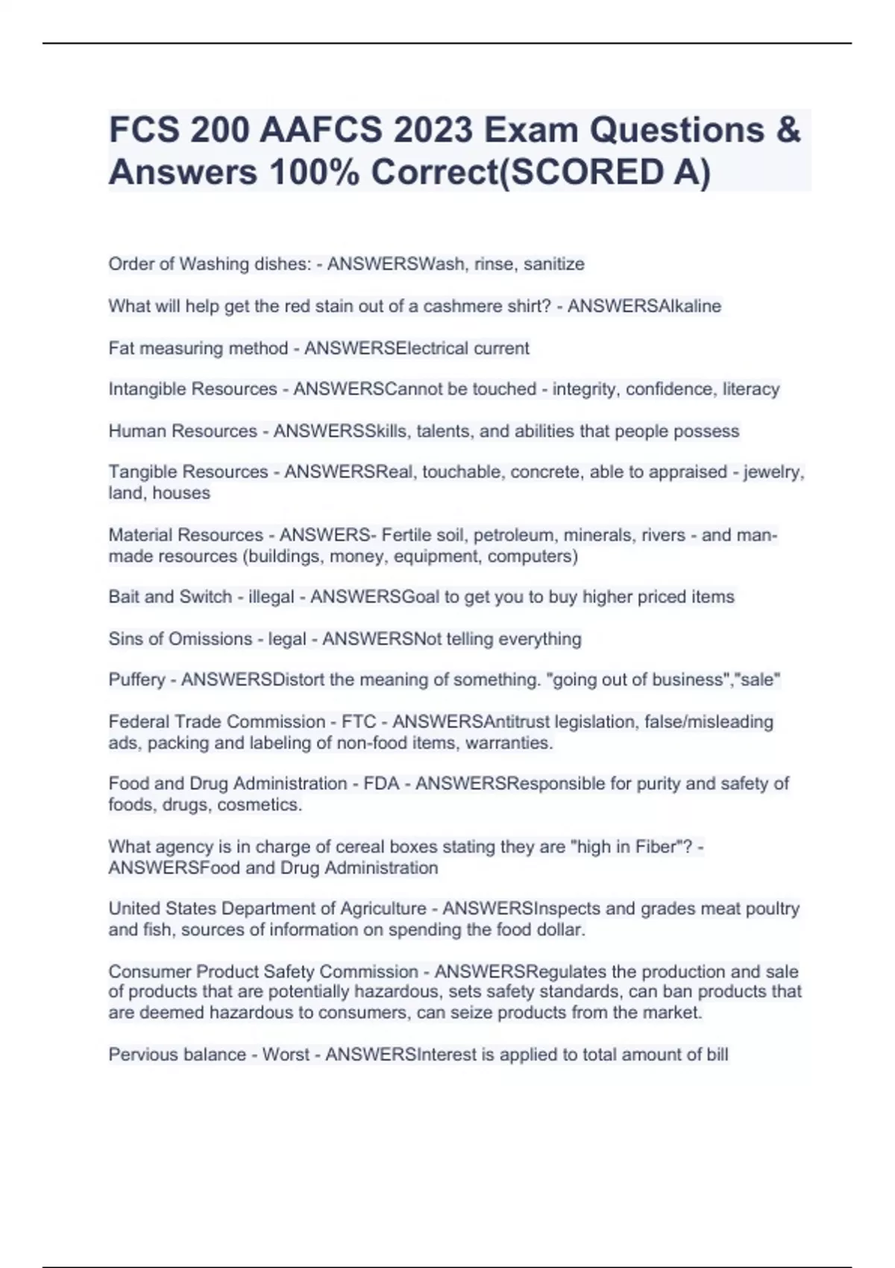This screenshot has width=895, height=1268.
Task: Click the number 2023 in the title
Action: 433,131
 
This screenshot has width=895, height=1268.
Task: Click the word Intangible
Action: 146,389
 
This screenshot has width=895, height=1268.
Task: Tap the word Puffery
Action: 136,679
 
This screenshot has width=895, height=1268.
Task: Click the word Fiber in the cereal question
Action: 653,847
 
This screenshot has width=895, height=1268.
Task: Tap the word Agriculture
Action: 383,908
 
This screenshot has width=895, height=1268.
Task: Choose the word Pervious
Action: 139,1054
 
